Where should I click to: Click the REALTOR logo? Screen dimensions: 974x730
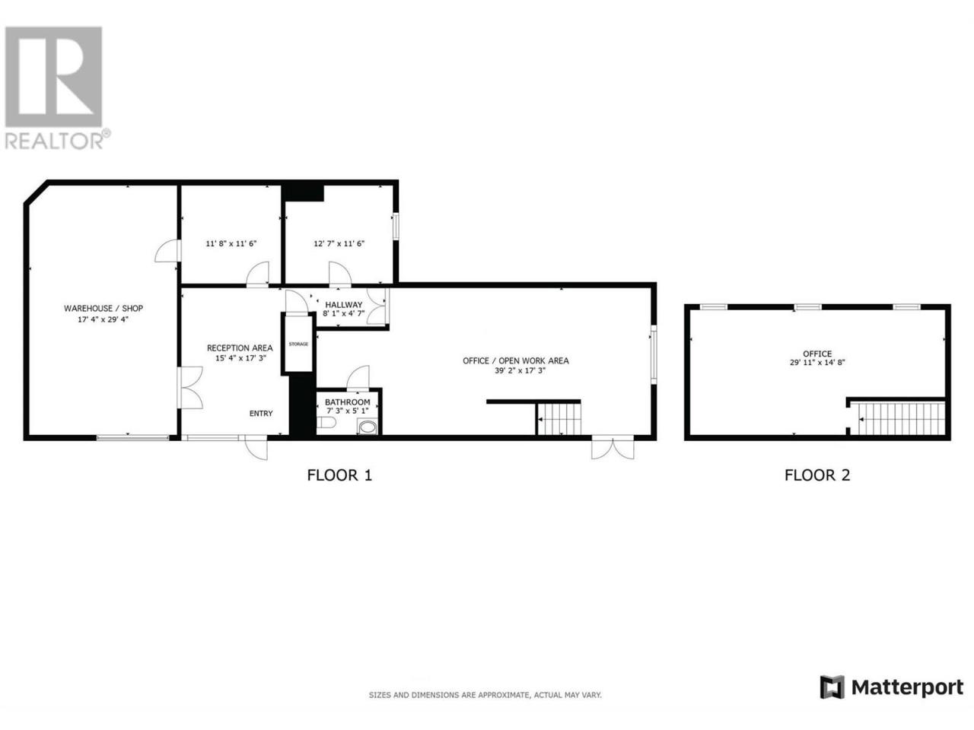55,87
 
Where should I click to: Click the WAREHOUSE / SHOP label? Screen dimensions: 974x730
103,309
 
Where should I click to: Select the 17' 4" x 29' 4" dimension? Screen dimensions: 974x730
103,319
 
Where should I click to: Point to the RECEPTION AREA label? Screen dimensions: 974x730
240,348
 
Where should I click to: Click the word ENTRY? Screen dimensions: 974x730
261,414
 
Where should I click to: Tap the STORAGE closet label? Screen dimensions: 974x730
298,344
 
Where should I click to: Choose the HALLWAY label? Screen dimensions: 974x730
344,305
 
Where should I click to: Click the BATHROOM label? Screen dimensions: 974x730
348,402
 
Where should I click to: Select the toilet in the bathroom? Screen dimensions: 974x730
326,423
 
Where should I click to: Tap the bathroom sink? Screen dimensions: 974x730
367,427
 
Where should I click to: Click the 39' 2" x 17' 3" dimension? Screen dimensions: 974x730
520,370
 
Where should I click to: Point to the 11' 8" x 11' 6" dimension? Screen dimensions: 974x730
231,243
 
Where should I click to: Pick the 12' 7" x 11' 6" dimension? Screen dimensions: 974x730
339,243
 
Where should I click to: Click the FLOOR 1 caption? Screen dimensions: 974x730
339,475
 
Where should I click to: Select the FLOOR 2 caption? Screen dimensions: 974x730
817,475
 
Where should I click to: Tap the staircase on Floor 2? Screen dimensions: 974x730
901,419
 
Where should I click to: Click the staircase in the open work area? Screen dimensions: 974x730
559,419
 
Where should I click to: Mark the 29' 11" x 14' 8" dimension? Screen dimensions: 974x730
817,362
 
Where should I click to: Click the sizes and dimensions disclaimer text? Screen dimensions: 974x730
485,695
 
